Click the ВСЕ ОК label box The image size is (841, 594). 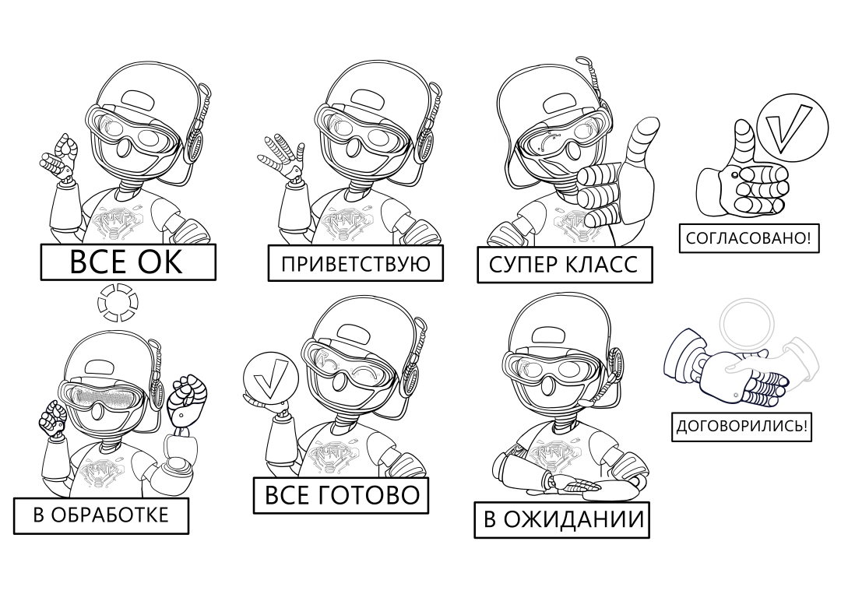(x=128, y=262)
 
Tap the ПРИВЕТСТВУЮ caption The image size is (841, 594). (x=355, y=263)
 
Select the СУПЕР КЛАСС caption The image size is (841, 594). (x=565, y=265)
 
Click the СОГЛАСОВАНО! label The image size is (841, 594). (x=748, y=238)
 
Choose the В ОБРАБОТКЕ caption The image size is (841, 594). (x=101, y=515)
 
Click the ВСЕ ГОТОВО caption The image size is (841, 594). (x=341, y=494)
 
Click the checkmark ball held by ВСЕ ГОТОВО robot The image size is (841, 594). (x=269, y=378)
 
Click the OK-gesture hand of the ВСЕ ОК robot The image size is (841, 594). (x=61, y=156)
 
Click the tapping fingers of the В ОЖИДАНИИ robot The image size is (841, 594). (x=578, y=487)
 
